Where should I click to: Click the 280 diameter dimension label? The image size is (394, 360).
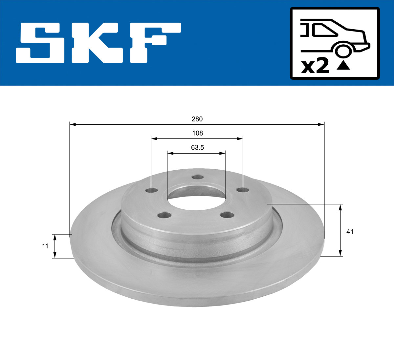tap(197, 119)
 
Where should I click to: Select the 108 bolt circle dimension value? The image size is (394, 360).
tap(197, 133)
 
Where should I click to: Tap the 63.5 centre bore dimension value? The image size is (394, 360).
tap(197, 148)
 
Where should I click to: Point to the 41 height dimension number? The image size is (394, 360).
tap(350, 231)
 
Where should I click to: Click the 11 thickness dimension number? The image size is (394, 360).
tap(45, 246)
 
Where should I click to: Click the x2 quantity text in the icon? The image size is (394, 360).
tap(315, 66)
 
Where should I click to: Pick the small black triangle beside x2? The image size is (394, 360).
tap(343, 66)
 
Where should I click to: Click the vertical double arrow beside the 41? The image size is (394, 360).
tap(340, 230)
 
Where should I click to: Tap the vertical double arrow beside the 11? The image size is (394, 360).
tap(55, 246)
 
